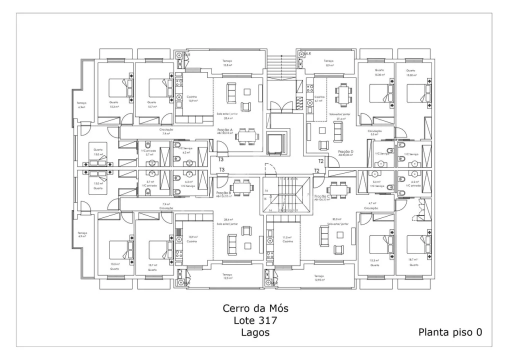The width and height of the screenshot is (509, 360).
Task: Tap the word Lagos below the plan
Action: click(254, 332)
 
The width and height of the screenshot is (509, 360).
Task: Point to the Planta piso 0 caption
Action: click(450, 331)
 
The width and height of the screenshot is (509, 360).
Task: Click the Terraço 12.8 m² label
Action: click(228, 62)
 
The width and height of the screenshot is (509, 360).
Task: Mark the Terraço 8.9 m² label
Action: click(329, 62)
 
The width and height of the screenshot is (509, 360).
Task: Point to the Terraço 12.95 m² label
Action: click(320, 278)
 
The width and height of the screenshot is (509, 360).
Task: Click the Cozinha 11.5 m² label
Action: click(287, 239)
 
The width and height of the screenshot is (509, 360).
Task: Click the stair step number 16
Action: click(266, 191)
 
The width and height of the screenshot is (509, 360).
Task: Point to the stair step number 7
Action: click(308, 194)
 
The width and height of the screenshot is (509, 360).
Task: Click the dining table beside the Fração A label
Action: click(247, 135)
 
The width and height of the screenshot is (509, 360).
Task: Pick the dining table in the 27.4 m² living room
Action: click(342, 93)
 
